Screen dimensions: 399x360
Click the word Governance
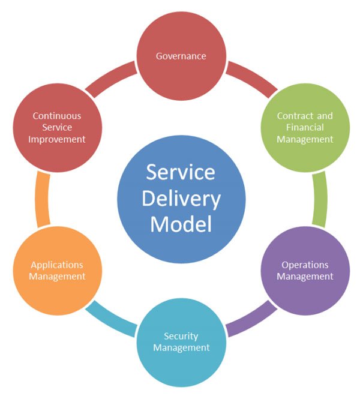click(181, 56)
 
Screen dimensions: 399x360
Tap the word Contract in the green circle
click(292, 116)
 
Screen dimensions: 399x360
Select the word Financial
click(305, 127)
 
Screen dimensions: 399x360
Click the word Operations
click(305, 265)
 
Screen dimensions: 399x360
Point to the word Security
click(181, 335)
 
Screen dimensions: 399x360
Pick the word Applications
click(57, 265)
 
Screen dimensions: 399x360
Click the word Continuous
click(57, 116)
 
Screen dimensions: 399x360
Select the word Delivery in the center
click(181, 198)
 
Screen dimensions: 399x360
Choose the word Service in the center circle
click(181, 172)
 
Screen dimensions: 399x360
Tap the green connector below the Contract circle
click(320, 199)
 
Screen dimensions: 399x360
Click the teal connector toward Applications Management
click(112, 318)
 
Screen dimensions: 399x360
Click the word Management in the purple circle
click(305, 277)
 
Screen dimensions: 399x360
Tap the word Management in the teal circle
click(181, 347)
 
